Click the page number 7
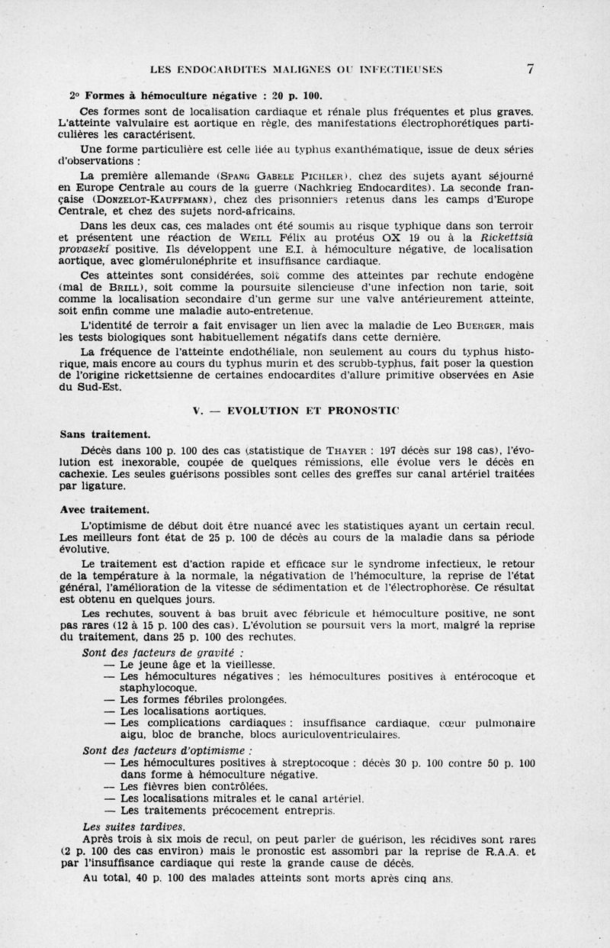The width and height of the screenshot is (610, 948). pyautogui.click(x=529, y=69)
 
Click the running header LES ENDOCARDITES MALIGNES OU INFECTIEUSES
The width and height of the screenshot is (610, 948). pyautogui.click(x=297, y=70)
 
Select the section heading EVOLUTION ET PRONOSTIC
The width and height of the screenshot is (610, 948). pyautogui.click(x=307, y=411)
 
